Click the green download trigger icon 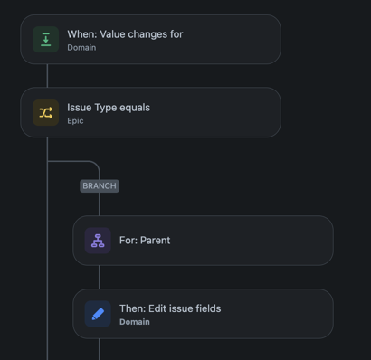(45, 40)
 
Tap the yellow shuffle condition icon (45, 113)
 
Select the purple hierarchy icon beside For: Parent (98, 241)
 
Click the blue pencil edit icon (98, 314)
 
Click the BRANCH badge (100, 185)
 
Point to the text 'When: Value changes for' (125, 34)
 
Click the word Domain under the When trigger (81, 48)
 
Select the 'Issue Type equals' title (109, 108)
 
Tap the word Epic (75, 121)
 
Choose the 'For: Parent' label (145, 241)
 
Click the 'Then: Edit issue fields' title (170, 308)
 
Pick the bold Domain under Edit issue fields (135, 322)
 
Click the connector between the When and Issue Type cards (47, 76)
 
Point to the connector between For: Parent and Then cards (100, 277)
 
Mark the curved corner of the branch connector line (96, 165)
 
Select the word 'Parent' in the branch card (156, 241)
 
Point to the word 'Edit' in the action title (157, 308)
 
